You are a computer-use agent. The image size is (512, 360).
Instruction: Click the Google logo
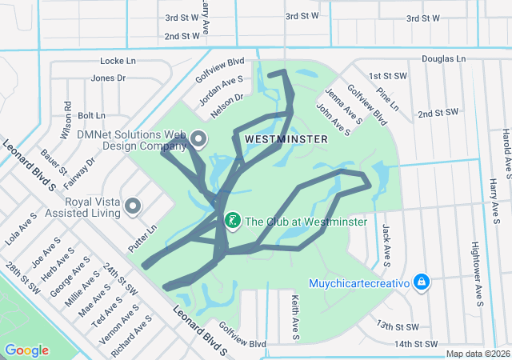click(27, 350)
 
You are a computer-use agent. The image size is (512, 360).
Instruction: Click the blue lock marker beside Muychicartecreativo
click(422, 282)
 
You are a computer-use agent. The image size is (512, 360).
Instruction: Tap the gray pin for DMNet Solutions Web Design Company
click(198, 140)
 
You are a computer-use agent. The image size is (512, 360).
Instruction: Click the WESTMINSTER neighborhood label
click(286, 139)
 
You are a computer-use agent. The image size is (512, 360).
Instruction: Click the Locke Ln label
click(118, 61)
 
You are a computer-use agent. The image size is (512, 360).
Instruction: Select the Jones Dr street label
click(109, 78)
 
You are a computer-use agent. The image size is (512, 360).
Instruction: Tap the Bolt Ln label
click(91, 115)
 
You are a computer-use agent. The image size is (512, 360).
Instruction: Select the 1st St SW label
click(386, 76)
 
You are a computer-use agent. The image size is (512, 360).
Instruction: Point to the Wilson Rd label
click(68, 117)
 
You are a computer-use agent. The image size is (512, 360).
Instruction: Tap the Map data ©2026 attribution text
click(477, 354)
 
